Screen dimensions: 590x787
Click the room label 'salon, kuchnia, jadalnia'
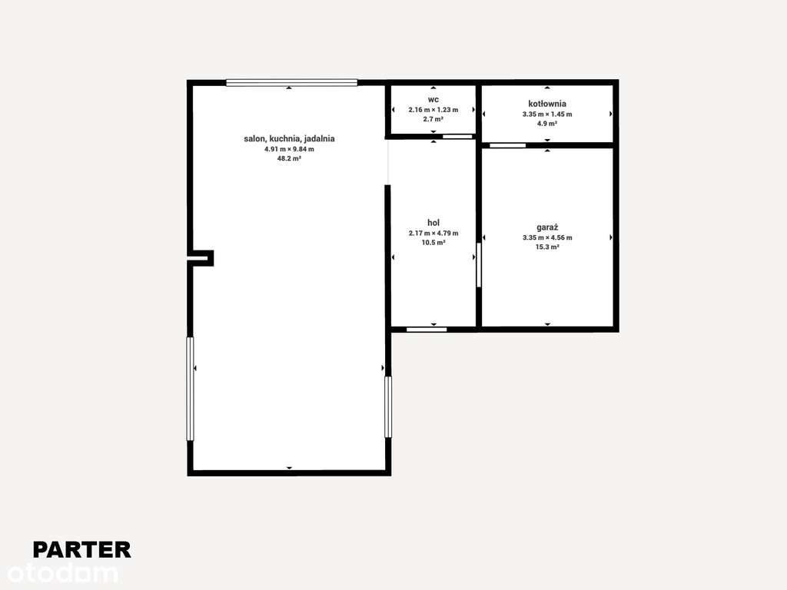[x=289, y=139]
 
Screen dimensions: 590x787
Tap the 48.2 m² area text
[x=289, y=159]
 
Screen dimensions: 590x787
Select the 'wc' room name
[x=433, y=100]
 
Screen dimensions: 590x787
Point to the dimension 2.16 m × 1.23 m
[x=433, y=110]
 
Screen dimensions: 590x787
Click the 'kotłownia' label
[x=547, y=103]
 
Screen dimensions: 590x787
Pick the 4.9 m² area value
[x=547, y=123]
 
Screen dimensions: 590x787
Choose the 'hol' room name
[x=433, y=223]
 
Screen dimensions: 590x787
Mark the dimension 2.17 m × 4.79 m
[x=433, y=233]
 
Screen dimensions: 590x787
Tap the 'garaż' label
[x=547, y=227]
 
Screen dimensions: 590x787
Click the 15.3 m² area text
[x=547, y=247]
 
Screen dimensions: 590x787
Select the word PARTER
[x=81, y=549]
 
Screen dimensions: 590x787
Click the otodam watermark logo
[x=63, y=573]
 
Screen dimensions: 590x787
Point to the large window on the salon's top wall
[x=292, y=83]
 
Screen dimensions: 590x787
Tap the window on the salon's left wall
[x=191, y=389]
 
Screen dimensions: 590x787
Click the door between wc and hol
[x=458, y=137]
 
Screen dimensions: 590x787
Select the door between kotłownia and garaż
[x=508, y=145]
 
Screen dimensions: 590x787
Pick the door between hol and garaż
[x=479, y=265]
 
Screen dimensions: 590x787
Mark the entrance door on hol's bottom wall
[x=427, y=330]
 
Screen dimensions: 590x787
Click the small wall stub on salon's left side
[x=201, y=258]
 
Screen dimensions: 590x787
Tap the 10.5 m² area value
[x=433, y=243]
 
